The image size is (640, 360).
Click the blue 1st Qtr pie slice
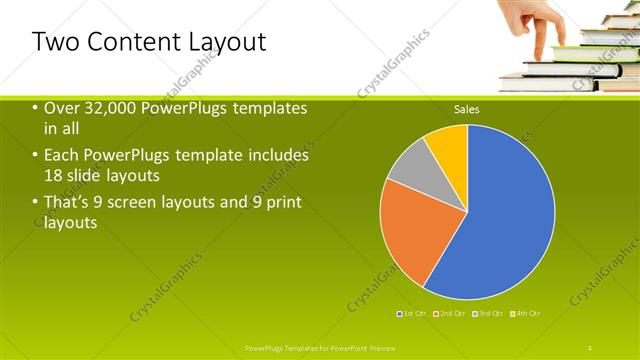click(500, 220)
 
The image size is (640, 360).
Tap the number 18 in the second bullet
click(55, 176)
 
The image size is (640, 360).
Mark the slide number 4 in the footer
click(590, 347)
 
